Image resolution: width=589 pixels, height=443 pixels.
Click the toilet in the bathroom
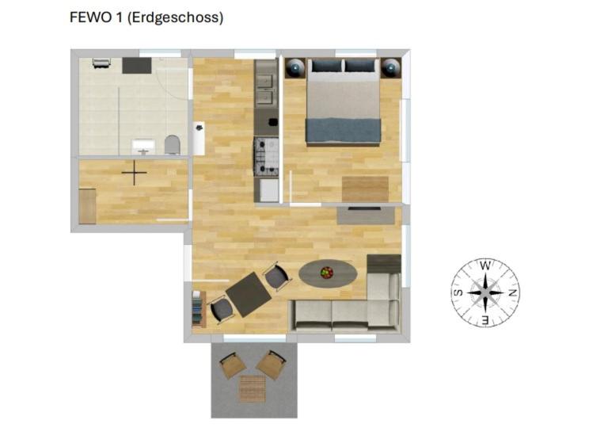pyautogui.click(x=173, y=144)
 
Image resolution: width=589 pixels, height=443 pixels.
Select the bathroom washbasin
pyautogui.click(x=143, y=147)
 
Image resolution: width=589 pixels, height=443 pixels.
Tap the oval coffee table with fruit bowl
pyautogui.click(x=328, y=273)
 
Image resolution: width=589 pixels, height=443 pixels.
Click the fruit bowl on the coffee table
pyautogui.click(x=327, y=273)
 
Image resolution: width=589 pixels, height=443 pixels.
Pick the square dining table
pyautogui.click(x=249, y=295)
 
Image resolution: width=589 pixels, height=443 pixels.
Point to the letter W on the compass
pyautogui.click(x=485, y=265)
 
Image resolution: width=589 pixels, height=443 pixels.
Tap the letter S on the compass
pyautogui.click(x=458, y=292)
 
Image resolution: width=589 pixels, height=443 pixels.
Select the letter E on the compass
pyautogui.click(x=485, y=320)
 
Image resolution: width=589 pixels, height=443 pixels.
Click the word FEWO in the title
pyautogui.click(x=90, y=17)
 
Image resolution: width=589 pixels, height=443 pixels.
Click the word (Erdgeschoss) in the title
pyautogui.click(x=176, y=18)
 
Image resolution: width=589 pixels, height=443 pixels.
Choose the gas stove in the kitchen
pyautogui.click(x=267, y=156)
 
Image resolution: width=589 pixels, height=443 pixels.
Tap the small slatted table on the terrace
pyautogui.click(x=253, y=388)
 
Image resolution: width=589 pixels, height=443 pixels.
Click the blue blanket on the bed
pyautogui.click(x=344, y=131)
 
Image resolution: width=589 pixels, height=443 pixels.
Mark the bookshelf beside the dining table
pyautogui.click(x=198, y=309)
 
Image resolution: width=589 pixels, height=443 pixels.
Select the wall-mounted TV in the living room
pyautogui.click(x=364, y=208)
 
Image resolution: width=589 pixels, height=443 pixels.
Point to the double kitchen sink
pyautogui.click(x=266, y=90)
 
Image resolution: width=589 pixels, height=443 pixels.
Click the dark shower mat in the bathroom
pyautogui.click(x=137, y=66)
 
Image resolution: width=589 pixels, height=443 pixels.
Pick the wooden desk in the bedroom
pyautogui.click(x=365, y=189)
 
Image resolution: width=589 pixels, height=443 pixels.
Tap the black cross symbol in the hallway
pyautogui.click(x=134, y=173)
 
